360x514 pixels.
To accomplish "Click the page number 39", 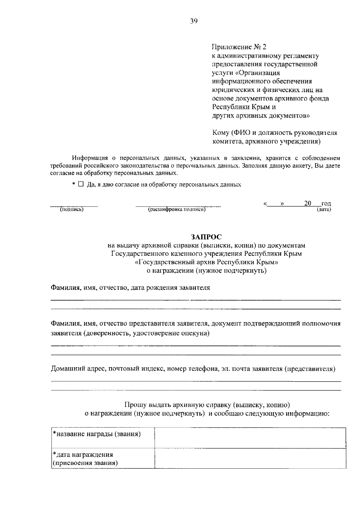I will click(193, 21).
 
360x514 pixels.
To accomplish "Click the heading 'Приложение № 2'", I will click(239, 47).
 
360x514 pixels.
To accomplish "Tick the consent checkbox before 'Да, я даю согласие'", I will click(81, 184).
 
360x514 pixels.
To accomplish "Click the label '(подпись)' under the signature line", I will click(72, 210).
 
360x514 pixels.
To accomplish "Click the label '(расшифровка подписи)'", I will click(177, 210).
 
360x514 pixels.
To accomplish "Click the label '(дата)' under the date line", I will click(324, 210).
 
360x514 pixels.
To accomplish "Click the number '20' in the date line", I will click(307, 203).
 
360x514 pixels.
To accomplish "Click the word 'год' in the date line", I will click(326, 204).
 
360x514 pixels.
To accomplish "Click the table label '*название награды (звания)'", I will click(97, 434).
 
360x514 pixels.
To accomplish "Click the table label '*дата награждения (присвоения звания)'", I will click(85, 459).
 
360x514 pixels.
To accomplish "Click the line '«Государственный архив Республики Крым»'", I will click(206, 262).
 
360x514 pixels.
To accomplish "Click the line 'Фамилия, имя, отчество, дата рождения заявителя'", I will click(130, 288).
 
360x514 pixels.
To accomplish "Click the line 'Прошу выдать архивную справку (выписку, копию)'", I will click(207, 405).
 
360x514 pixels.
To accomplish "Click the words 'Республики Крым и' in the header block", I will click(244, 107).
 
